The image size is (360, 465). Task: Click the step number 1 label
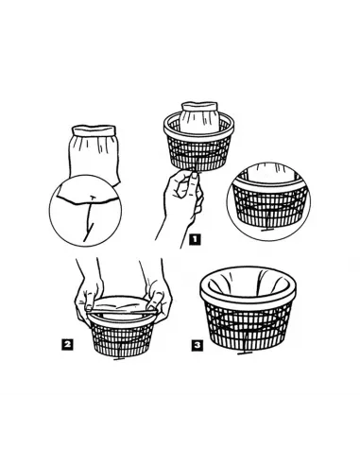[195, 240]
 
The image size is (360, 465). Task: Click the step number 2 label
[67, 344]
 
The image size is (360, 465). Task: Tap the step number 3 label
[197, 346]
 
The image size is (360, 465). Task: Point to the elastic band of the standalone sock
[94, 129]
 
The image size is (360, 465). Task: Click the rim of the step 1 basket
[198, 126]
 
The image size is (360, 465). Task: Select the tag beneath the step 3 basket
[245, 353]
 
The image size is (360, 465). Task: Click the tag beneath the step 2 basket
[119, 358]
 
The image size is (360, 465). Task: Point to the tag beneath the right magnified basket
[267, 229]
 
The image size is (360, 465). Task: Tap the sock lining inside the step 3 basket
[248, 282]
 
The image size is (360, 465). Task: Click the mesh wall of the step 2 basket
[122, 338]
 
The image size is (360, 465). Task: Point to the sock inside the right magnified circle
[269, 173]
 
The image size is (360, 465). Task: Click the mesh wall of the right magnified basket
[269, 206]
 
